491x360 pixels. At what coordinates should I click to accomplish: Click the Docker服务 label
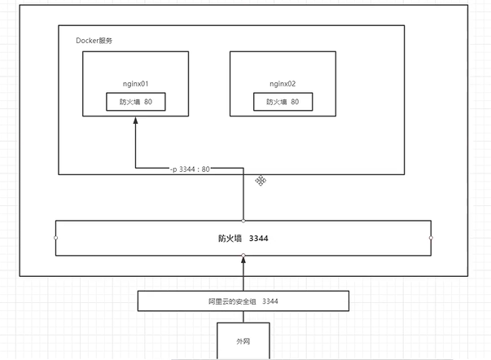(x=95, y=41)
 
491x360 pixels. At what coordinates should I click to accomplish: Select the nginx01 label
(x=136, y=84)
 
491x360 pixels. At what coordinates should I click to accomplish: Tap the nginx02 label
(x=283, y=84)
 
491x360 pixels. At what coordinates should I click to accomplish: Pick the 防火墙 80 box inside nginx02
(x=282, y=103)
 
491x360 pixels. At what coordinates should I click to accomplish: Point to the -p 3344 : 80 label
(x=190, y=169)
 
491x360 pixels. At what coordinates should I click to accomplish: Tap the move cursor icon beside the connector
(x=261, y=180)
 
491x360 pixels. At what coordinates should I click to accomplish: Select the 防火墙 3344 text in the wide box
(x=242, y=239)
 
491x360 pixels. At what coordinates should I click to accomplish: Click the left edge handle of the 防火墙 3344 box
(x=55, y=238)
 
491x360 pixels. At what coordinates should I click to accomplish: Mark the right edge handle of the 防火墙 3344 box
(x=431, y=238)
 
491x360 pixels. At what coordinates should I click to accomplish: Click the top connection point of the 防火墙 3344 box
(x=243, y=220)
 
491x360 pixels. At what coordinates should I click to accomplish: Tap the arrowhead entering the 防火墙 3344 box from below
(x=243, y=260)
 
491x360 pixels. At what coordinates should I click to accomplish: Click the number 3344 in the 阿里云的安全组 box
(x=270, y=301)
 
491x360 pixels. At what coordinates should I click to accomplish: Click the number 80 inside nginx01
(x=160, y=103)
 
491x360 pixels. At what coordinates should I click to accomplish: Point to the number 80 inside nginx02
(x=295, y=103)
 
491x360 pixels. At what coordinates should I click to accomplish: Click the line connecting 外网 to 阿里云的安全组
(x=243, y=316)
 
